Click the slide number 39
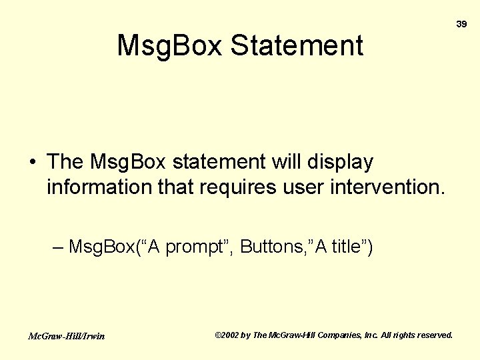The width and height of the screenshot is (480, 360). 461,24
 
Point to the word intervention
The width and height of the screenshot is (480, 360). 387,188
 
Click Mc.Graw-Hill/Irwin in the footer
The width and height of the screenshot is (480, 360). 66,336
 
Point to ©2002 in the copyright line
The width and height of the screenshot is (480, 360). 227,335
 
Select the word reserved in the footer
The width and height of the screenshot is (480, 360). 434,335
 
